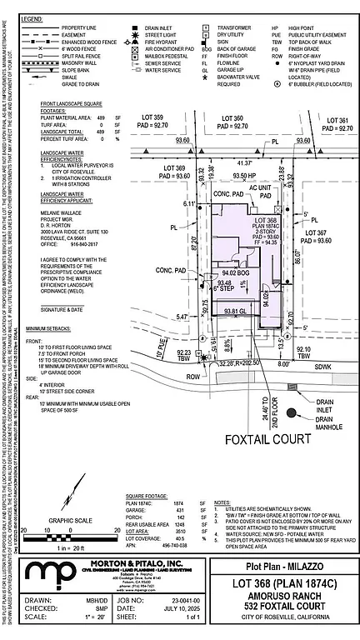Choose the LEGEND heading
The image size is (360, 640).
coord(32,17)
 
